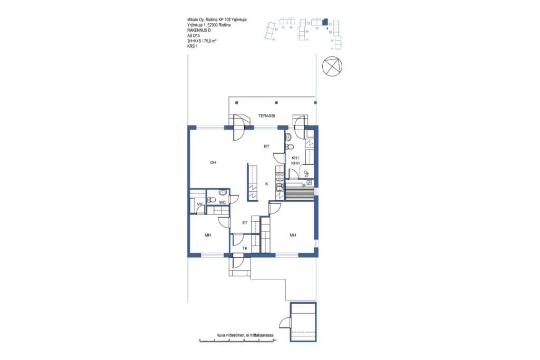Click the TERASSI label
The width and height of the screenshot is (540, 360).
[x=266, y=116]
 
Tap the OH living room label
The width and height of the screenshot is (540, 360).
[x=213, y=162]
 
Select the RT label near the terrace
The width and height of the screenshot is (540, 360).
[x=266, y=147]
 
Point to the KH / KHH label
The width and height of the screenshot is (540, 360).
[x=295, y=160]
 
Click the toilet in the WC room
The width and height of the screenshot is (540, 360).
[x=211, y=199]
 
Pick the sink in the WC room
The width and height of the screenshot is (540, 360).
[x=223, y=192]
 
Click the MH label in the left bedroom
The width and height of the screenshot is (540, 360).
[x=208, y=236]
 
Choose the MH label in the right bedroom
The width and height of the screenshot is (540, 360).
[x=293, y=236]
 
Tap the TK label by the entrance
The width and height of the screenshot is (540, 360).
[x=245, y=248]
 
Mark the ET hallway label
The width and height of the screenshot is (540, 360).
[x=245, y=223]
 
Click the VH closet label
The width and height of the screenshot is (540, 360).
[x=199, y=205]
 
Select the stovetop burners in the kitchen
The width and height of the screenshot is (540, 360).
[x=279, y=177]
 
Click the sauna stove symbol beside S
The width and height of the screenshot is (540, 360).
[x=309, y=183]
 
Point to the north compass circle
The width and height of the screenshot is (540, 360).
[x=333, y=65]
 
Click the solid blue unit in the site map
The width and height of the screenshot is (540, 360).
[x=325, y=22]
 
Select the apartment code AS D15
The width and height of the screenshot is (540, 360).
[x=194, y=35]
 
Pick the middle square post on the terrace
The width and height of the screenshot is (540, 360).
[x=276, y=103]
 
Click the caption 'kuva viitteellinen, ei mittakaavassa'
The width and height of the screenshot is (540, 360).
[x=245, y=335]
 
